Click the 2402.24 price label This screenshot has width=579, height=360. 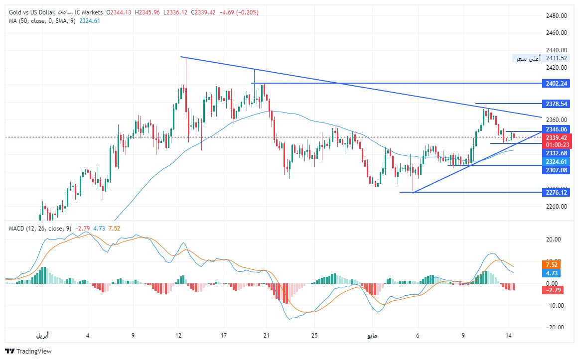pos(556,83)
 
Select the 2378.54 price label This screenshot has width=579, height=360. pos(556,104)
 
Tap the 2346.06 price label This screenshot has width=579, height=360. pos(556,129)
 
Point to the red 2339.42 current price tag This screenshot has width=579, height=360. pos(556,137)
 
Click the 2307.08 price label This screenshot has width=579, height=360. pos(556,170)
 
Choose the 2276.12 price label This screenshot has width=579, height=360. pos(556,193)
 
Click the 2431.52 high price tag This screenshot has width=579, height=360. pos(556,58)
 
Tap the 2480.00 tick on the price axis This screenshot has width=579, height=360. pos(556,16)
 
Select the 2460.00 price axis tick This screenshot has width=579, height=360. pos(556,33)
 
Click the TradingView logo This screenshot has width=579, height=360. pos(28,351)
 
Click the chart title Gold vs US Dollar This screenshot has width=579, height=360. pos(30,12)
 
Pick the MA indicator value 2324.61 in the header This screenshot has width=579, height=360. pos(90,20)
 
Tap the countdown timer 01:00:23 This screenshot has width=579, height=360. pos(556,145)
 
